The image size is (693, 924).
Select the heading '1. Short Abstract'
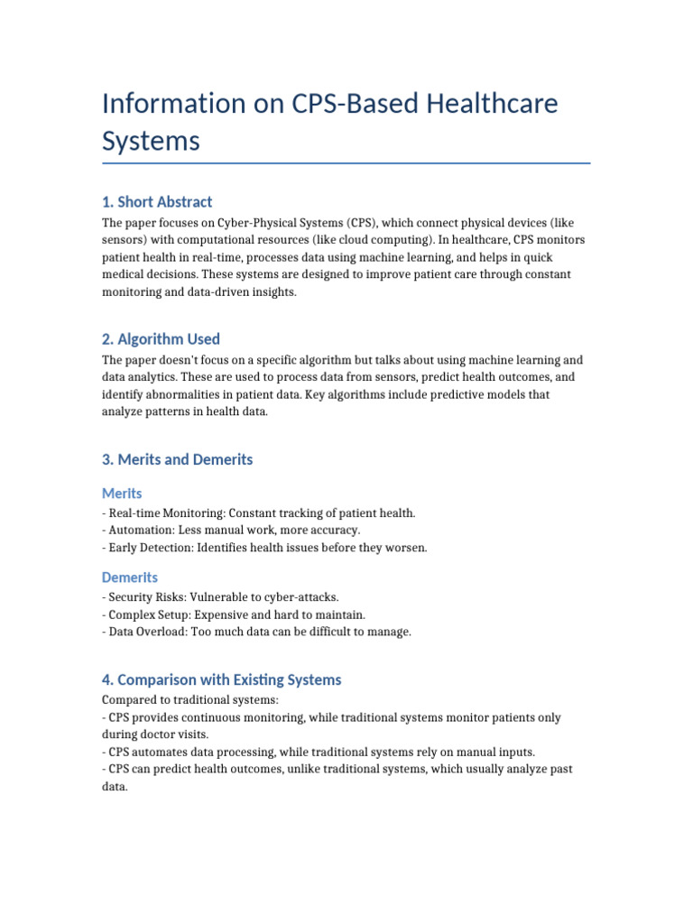[157, 201]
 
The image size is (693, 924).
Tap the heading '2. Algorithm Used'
[161, 339]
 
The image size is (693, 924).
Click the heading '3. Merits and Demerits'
[177, 459]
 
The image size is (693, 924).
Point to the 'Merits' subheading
[122, 494]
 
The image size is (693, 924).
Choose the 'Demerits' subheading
[130, 577]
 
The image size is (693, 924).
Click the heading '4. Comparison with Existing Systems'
[222, 679]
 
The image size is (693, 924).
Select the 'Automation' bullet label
[139, 530]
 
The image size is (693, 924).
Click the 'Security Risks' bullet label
[143, 597]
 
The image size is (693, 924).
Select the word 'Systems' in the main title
[151, 142]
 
